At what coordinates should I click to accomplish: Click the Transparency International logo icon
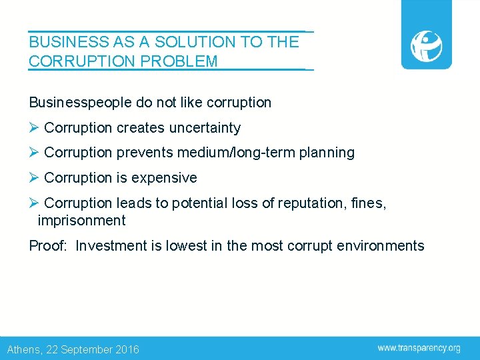coord(426,45)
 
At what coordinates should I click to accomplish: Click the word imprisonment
coord(81,221)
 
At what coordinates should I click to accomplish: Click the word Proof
coord(47,246)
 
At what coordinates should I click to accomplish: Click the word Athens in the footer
coord(24,349)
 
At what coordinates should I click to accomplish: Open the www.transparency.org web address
coord(419,348)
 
